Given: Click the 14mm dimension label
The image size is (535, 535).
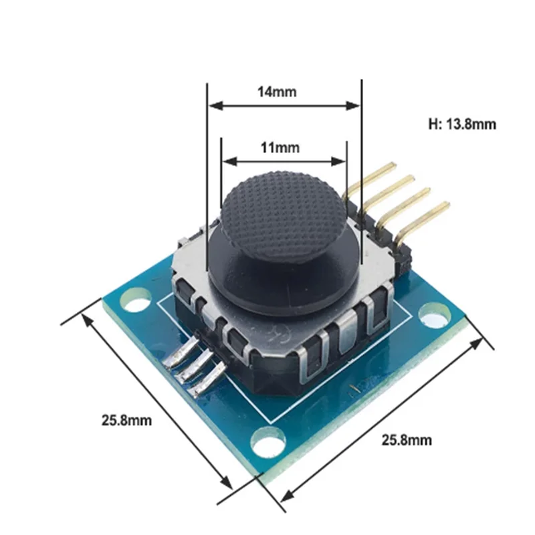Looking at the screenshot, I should click(x=277, y=92).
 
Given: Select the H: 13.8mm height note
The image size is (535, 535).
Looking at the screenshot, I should click(x=462, y=124).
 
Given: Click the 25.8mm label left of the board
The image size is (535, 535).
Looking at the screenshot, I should click(x=126, y=421).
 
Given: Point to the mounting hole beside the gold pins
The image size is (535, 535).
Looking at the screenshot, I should click(x=436, y=313).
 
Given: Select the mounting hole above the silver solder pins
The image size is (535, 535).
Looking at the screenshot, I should click(x=137, y=302).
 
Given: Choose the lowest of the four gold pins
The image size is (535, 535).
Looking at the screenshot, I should click(x=421, y=214).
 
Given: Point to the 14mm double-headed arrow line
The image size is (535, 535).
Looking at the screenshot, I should click(x=284, y=106).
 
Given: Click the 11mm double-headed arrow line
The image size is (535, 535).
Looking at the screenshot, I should click(x=284, y=161).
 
